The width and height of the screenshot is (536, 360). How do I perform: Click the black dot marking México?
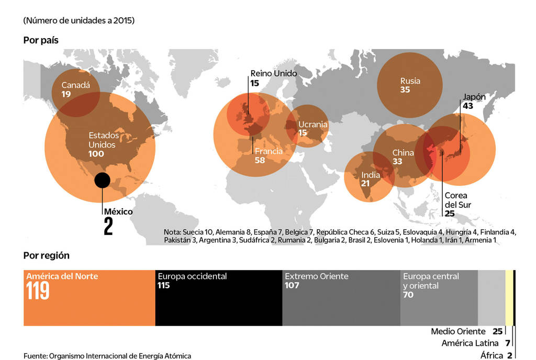tap(102, 180)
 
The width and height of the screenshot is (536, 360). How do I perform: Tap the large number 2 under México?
tap(108, 227)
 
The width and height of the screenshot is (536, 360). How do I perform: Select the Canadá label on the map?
tap(75, 85)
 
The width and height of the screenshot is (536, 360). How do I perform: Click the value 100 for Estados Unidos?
tap(96, 154)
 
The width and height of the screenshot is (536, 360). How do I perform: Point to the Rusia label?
tap(410, 81)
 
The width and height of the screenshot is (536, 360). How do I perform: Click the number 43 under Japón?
tap(467, 106)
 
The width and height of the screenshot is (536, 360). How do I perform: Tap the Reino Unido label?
tap(273, 74)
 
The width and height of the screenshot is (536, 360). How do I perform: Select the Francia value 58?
tap(260, 160)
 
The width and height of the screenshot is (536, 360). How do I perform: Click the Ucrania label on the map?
tap(312, 125)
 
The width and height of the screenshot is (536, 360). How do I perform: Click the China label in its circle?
tap(403, 153)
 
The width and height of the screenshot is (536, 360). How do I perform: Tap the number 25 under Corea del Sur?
tap(450, 213)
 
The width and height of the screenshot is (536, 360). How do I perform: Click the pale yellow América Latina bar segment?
tap(509, 298)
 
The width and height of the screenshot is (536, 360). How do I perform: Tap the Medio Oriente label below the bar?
tap(458, 331)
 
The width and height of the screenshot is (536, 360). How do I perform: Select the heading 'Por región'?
tap(47, 255)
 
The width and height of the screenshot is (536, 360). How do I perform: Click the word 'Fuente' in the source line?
tap(35, 356)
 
